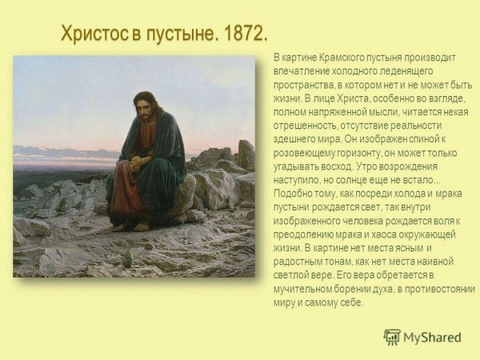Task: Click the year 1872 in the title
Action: [x=239, y=34]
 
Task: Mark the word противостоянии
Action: [x=439, y=288]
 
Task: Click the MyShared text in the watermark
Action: [x=433, y=338]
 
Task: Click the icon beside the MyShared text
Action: [x=392, y=337]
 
